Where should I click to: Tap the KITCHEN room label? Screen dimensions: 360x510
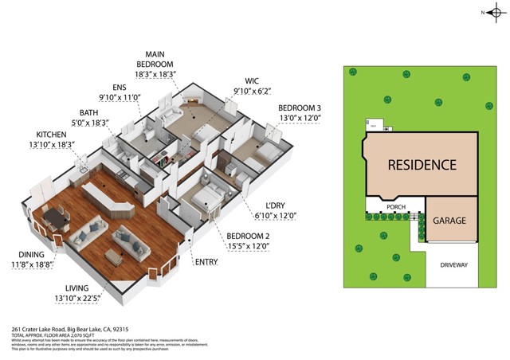(x=51, y=135)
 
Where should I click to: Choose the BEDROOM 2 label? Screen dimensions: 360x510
(x=248, y=237)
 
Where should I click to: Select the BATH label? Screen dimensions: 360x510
(x=88, y=112)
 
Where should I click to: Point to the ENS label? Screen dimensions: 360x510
(x=119, y=88)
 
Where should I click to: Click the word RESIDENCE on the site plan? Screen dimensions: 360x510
(x=422, y=166)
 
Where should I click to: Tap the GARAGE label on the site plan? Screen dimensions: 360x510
(x=450, y=221)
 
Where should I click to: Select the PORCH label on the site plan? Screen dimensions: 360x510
(x=395, y=207)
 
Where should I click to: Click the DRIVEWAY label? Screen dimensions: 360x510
(x=452, y=264)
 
